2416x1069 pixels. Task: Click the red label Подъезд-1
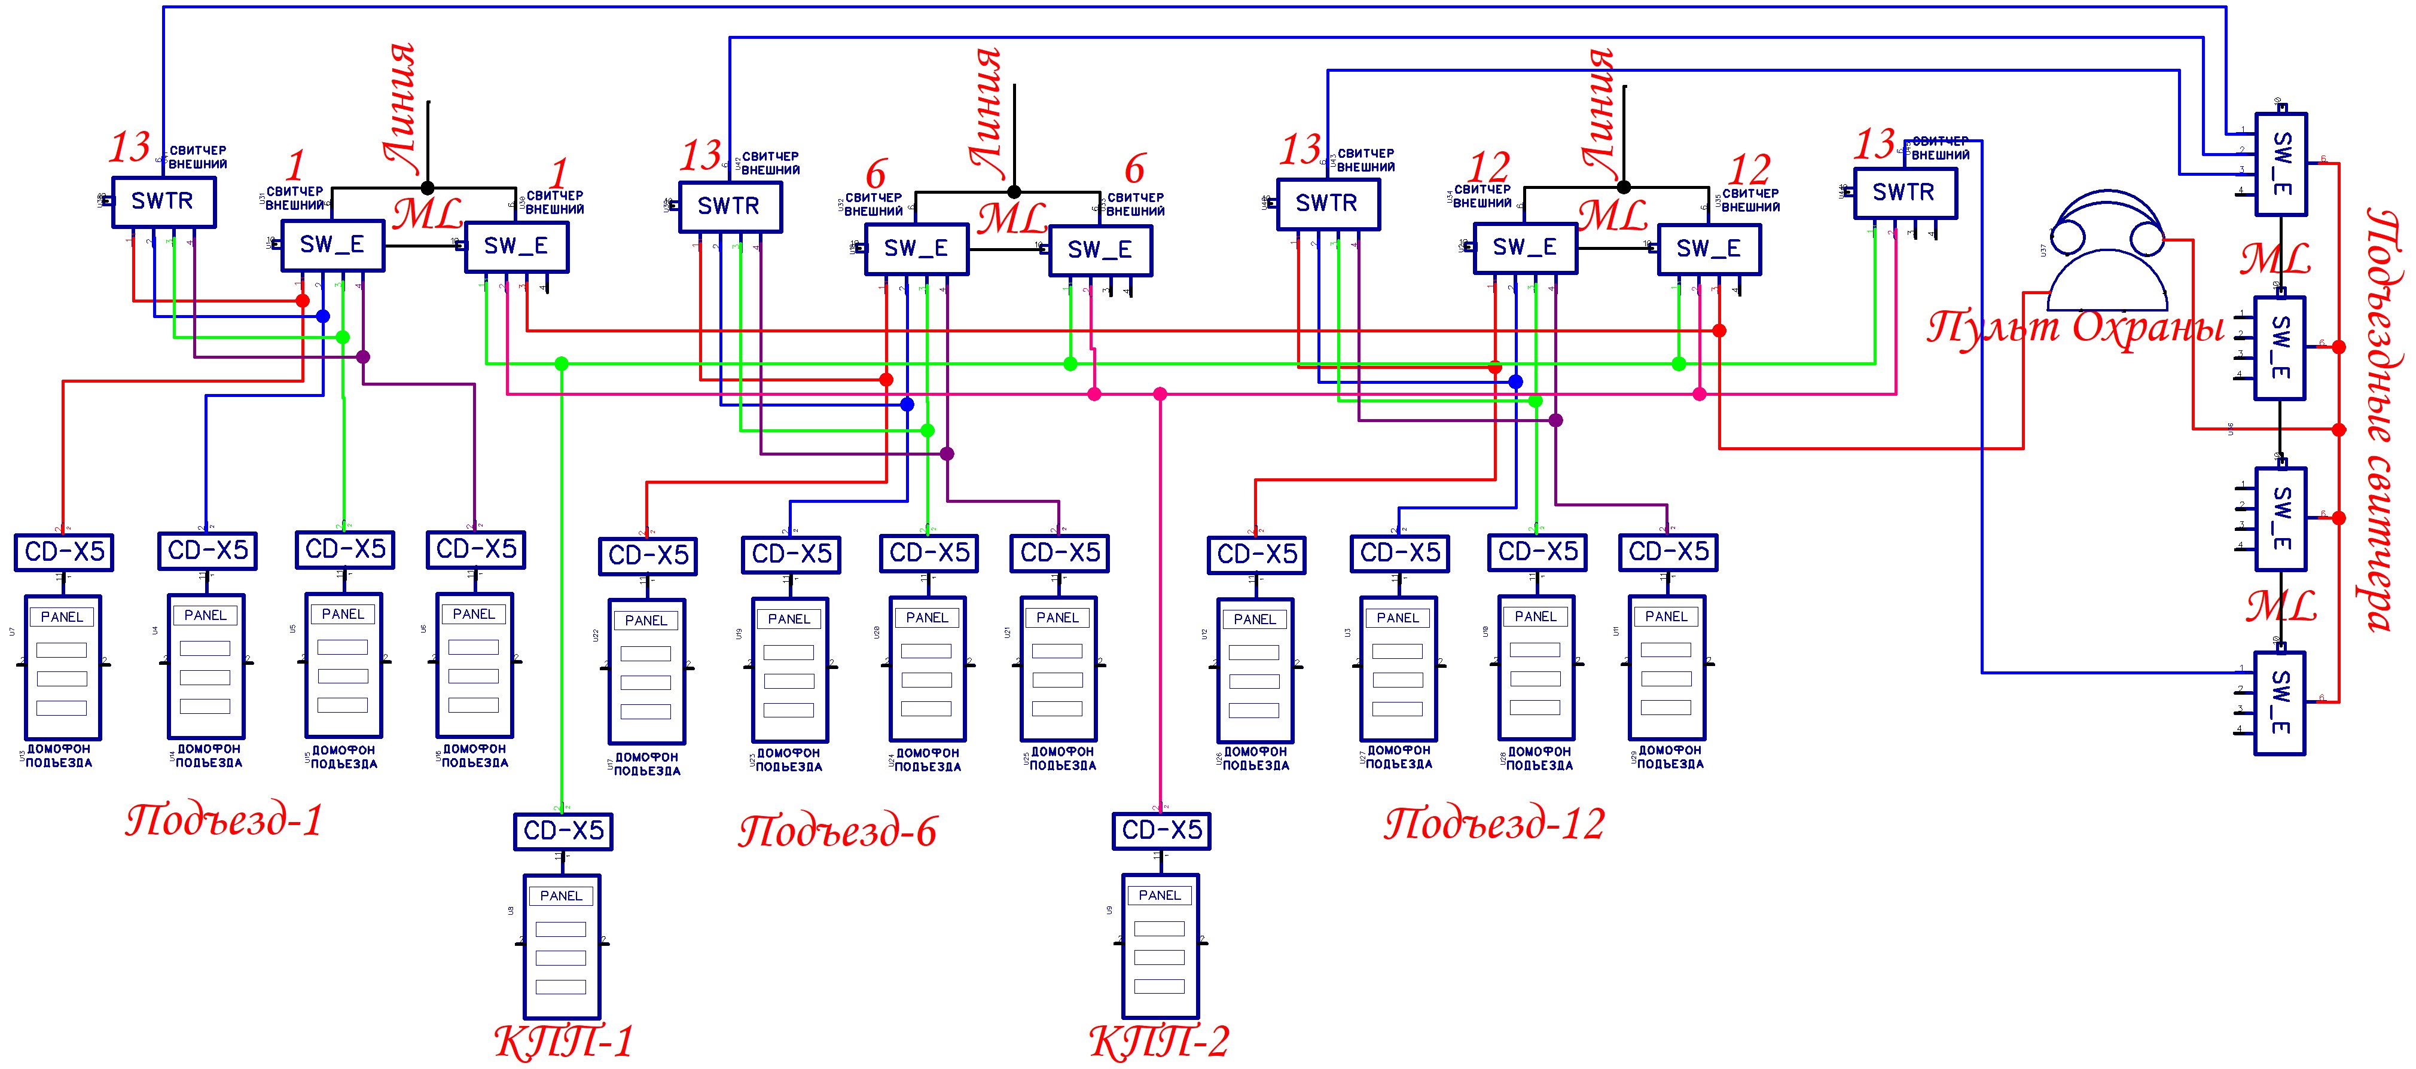(224, 820)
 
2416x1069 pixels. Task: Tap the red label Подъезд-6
(838, 831)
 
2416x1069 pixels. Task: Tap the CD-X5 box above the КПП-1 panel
(563, 831)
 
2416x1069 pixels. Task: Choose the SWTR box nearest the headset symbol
(1905, 193)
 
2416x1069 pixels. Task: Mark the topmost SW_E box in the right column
(2281, 164)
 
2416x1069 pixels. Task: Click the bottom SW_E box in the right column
(2281, 703)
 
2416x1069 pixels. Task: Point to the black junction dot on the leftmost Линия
(428, 188)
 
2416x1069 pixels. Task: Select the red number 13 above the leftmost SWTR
(129, 147)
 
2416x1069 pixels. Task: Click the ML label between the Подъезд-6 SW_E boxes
(1012, 218)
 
